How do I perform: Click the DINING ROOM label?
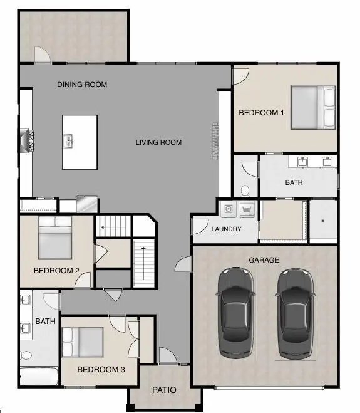[82, 85]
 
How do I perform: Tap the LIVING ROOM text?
[158, 142]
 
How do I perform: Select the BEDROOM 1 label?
[262, 113]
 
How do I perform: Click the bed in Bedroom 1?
[312, 107]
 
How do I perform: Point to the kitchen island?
[80, 142]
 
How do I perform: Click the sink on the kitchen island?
[68, 141]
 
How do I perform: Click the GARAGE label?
[264, 260]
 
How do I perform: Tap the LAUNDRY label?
[226, 229]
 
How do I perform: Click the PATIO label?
[165, 390]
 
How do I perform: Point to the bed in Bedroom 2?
[56, 238]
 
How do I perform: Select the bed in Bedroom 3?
[83, 342]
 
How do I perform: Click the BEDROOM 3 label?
[101, 370]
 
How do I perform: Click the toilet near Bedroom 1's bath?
[245, 189]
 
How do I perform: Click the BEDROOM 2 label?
[56, 271]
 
